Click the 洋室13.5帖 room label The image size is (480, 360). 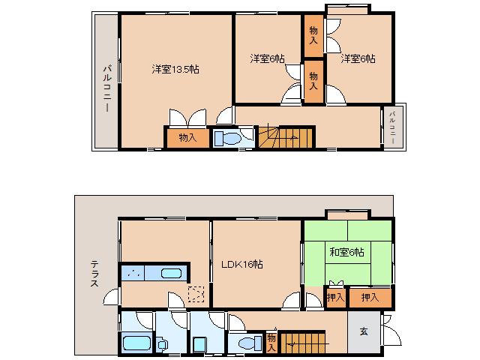tap(175, 69)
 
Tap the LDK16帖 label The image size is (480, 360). tap(241, 264)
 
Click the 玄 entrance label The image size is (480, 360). tap(364, 331)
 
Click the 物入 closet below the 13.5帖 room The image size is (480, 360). tap(187, 138)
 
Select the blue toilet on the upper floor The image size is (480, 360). tap(227, 138)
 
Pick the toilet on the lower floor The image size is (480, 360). tap(246, 343)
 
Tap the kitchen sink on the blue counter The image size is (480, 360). tap(171, 273)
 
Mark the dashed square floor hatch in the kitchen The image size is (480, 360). tap(196, 294)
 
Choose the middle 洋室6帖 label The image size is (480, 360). tap(267, 58)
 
